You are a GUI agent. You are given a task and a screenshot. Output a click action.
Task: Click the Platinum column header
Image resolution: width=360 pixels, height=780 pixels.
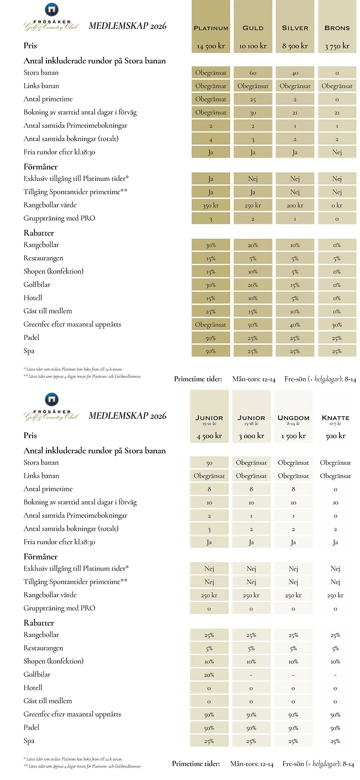click(x=210, y=28)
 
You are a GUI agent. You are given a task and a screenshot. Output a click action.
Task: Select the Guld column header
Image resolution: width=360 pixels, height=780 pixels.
click(x=253, y=28)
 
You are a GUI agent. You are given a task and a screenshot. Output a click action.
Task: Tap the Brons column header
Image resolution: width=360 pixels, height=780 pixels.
click(x=337, y=28)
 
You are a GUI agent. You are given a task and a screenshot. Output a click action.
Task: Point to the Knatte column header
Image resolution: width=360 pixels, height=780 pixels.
click(x=335, y=418)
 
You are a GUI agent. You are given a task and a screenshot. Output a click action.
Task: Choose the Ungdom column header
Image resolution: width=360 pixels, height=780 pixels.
click(x=293, y=418)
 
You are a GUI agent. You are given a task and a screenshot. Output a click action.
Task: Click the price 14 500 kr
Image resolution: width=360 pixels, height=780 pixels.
click(x=210, y=46)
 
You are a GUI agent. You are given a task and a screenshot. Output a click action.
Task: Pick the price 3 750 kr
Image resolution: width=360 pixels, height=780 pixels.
click(x=337, y=46)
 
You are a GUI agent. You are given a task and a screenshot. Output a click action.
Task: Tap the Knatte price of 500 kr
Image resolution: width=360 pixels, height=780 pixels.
click(x=335, y=436)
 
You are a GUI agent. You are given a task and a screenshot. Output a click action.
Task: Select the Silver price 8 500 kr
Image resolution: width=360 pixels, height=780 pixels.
click(x=295, y=46)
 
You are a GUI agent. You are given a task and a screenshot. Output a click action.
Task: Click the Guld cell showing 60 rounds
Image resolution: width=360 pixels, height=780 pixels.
click(x=253, y=73)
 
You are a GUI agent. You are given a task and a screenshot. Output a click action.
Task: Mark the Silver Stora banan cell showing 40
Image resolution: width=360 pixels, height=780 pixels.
click(x=295, y=73)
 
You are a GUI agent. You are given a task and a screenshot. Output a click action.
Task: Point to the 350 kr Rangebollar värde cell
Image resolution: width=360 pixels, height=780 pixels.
click(x=210, y=205)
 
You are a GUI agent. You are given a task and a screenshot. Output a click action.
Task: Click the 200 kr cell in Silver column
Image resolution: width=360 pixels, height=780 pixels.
click(x=295, y=205)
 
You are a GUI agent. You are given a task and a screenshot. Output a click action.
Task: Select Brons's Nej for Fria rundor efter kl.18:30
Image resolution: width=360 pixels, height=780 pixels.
click(x=337, y=152)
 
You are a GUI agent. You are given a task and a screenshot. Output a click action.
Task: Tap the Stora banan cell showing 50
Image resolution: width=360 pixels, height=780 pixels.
click(x=209, y=463)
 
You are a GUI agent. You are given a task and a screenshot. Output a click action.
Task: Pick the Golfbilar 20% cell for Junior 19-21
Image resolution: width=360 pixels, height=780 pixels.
click(x=209, y=675)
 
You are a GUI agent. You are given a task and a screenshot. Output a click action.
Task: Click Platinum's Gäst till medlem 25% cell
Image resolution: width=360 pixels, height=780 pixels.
click(x=210, y=311)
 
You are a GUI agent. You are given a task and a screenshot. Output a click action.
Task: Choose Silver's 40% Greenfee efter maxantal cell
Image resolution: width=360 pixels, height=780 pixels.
click(x=295, y=325)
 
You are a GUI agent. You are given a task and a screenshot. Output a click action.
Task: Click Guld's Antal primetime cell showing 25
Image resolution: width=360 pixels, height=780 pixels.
click(x=253, y=99)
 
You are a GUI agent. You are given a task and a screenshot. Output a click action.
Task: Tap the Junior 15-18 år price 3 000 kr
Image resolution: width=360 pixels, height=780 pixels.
click(x=251, y=436)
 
